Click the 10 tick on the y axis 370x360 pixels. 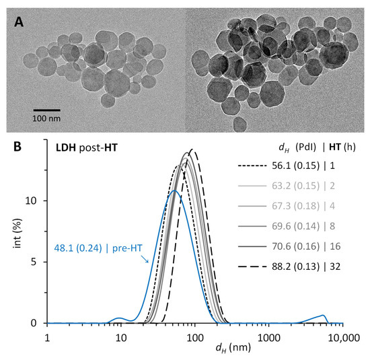(x=35, y=201)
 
